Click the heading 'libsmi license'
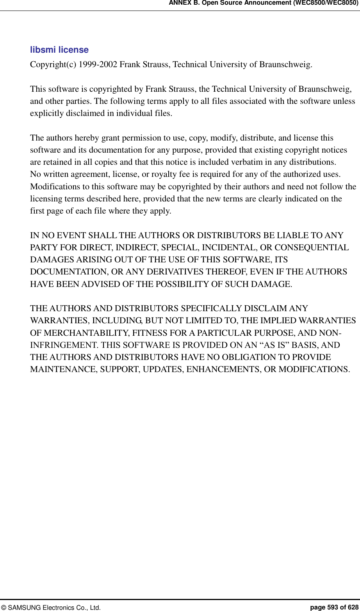(59, 50)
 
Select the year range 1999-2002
(98, 64)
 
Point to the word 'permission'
(142, 138)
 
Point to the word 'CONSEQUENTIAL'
(312, 248)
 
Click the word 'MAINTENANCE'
(63, 369)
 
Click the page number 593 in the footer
(333, 607)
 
